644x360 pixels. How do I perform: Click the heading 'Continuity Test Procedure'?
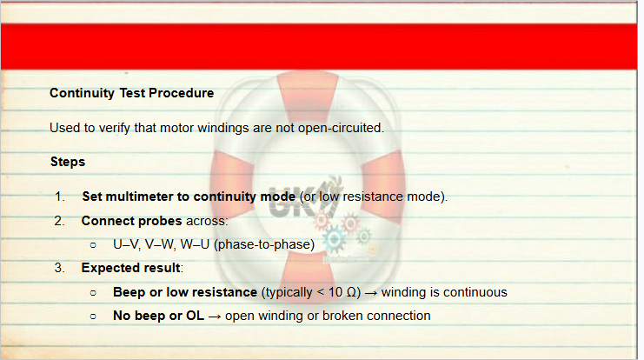131,93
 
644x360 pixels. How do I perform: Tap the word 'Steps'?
68,162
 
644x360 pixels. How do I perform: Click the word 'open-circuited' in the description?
339,128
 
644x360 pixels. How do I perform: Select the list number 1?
60,197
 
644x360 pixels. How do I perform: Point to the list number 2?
60,221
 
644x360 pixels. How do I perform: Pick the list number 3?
60,268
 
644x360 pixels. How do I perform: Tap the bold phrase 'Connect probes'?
131,221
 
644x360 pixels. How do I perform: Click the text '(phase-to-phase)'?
264,244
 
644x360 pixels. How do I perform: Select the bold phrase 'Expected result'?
130,268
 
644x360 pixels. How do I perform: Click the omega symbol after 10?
351,292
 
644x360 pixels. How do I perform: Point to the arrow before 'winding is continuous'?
371,293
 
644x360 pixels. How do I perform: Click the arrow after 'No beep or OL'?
215,317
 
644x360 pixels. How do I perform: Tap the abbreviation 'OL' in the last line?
195,316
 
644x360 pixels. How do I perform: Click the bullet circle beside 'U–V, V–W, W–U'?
93,245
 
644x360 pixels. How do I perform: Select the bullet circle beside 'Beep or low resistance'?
93,293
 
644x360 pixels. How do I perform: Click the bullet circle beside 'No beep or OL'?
93,317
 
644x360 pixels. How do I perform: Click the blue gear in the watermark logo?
334,239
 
